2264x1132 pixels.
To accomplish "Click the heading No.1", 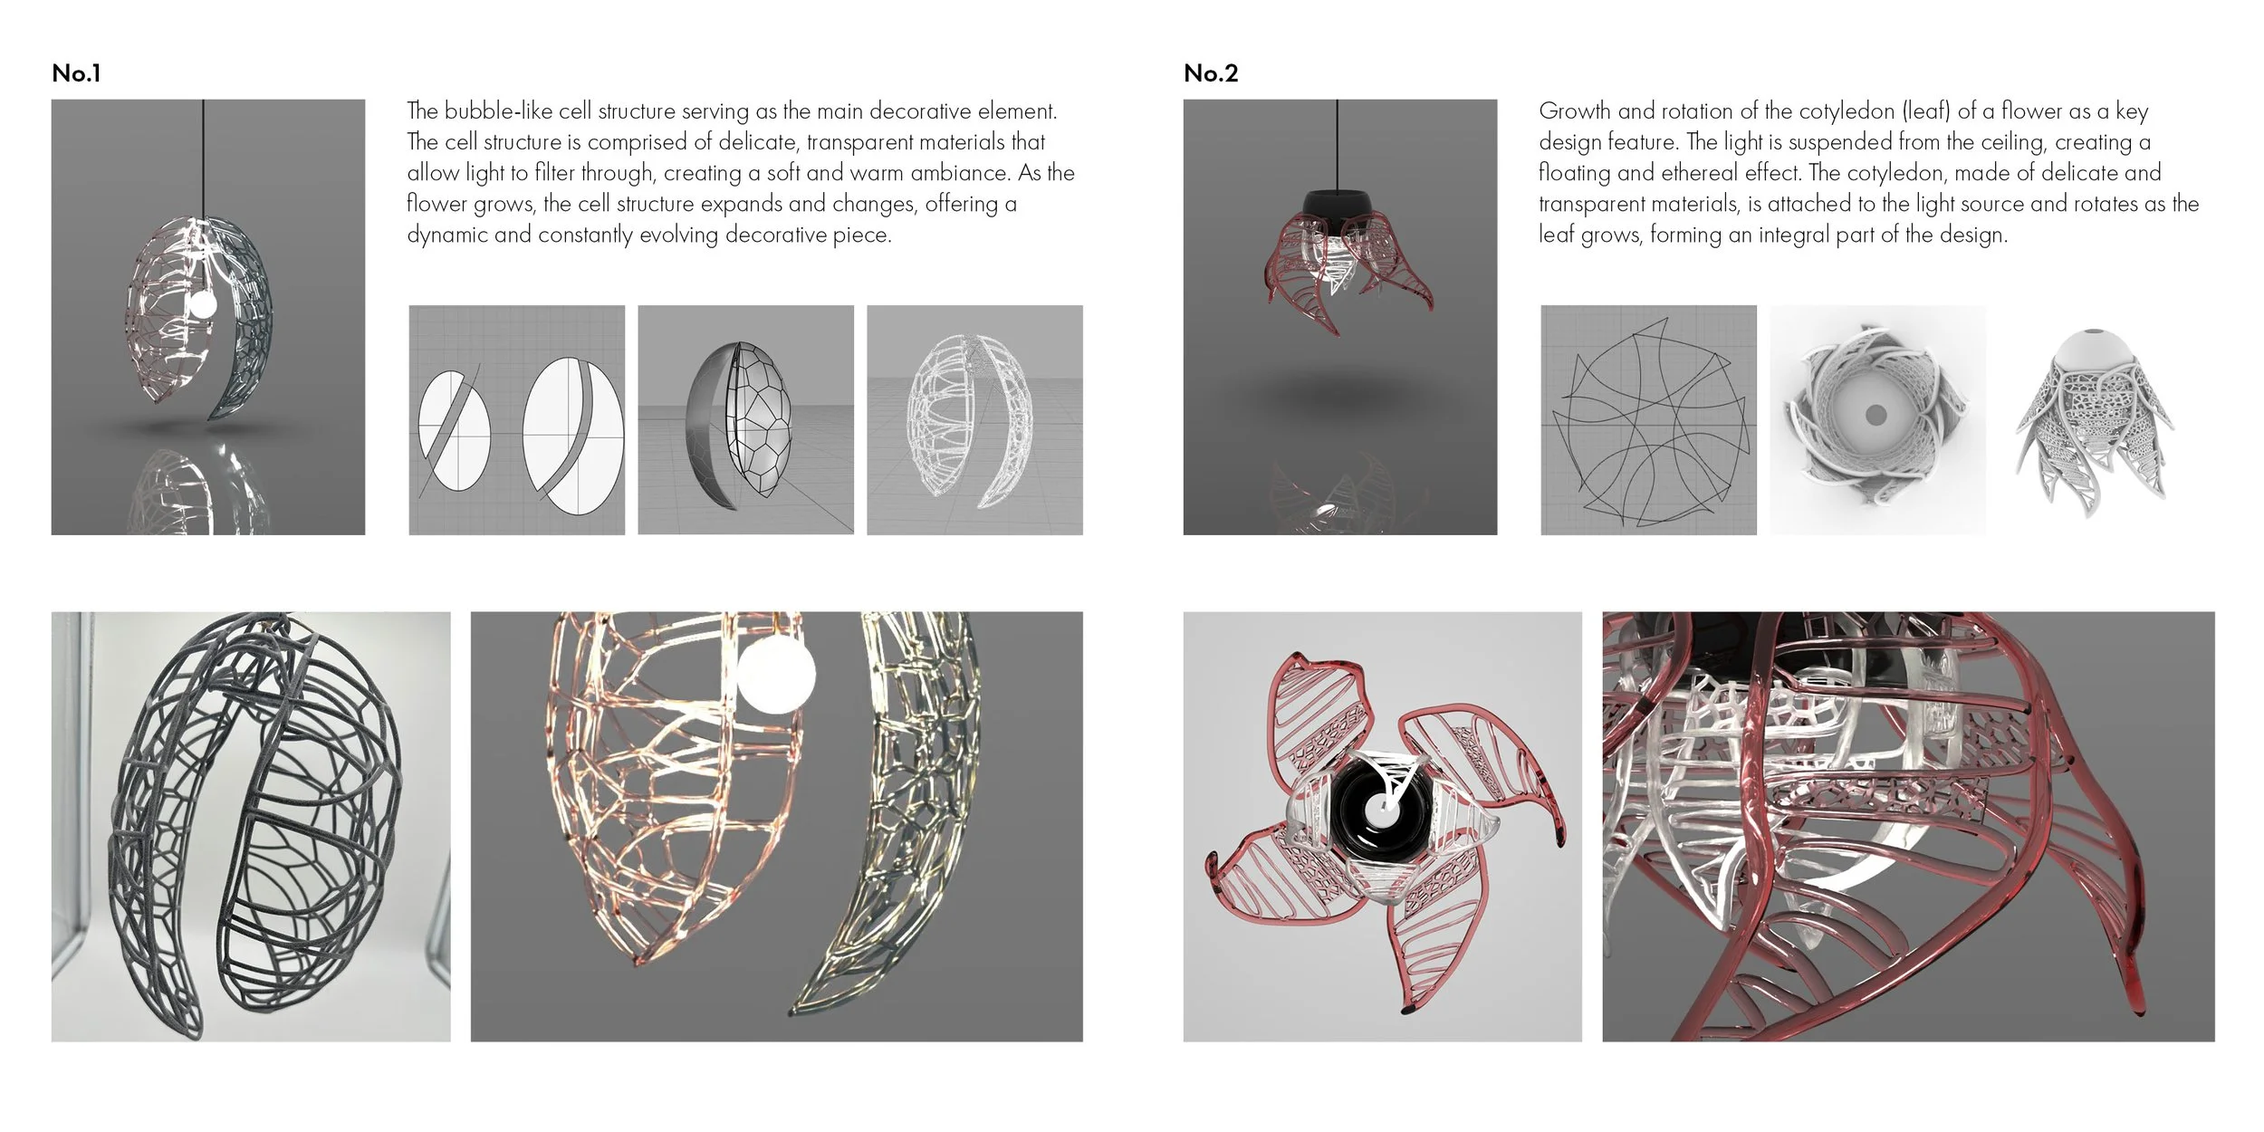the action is tap(76, 73).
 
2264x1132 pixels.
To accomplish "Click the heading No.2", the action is tap(1211, 73).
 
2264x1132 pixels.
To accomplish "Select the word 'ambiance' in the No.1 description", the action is tap(961, 173).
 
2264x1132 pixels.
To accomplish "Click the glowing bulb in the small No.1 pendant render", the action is tap(202, 304).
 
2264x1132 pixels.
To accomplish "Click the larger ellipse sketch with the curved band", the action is tap(573, 438).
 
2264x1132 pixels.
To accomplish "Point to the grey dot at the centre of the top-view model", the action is tap(1875, 415).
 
